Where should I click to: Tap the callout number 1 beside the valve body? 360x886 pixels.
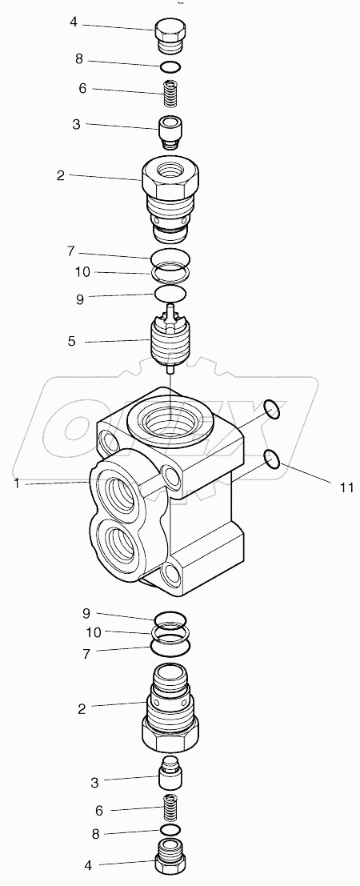(x=16, y=483)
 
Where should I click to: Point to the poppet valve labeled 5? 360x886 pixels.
(x=170, y=341)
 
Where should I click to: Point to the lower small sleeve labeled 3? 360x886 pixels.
(x=170, y=772)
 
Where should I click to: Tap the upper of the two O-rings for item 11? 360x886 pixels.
(x=272, y=411)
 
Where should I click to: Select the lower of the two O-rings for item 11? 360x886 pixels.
(x=272, y=459)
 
